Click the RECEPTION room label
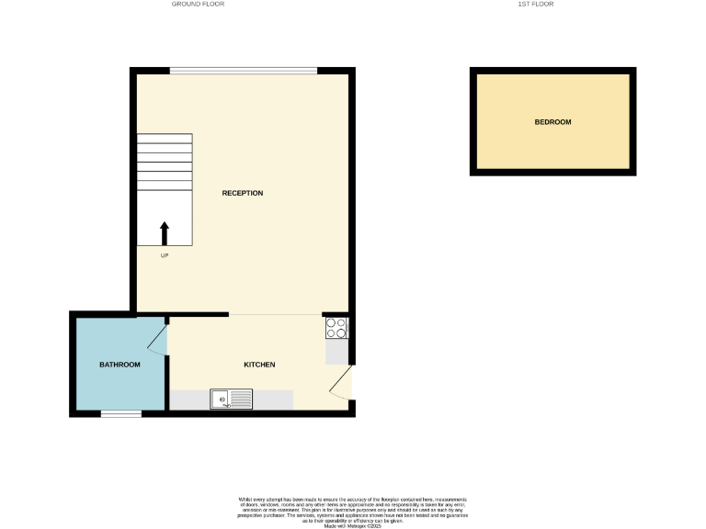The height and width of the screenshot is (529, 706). tap(243, 193)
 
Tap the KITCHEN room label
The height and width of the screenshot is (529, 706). tap(259, 365)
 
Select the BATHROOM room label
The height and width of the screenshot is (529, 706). tap(120, 365)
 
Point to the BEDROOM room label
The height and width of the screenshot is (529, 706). tap(552, 122)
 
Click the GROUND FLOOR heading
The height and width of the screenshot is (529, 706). tap(198, 5)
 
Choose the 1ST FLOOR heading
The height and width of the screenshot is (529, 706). tap(536, 5)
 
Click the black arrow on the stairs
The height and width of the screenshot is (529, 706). tap(165, 232)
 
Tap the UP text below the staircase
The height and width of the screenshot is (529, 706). tap(165, 255)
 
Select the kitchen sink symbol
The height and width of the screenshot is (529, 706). tap(231, 399)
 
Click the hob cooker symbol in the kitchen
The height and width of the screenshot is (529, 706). tap(336, 327)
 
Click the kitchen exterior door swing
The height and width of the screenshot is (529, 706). tap(340, 384)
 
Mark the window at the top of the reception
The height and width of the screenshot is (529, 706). tap(244, 71)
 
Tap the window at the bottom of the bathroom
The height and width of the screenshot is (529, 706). tap(120, 413)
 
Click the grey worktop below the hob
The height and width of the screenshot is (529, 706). tap(336, 351)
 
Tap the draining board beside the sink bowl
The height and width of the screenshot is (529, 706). tap(241, 399)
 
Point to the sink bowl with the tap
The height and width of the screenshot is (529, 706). tap(221, 399)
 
